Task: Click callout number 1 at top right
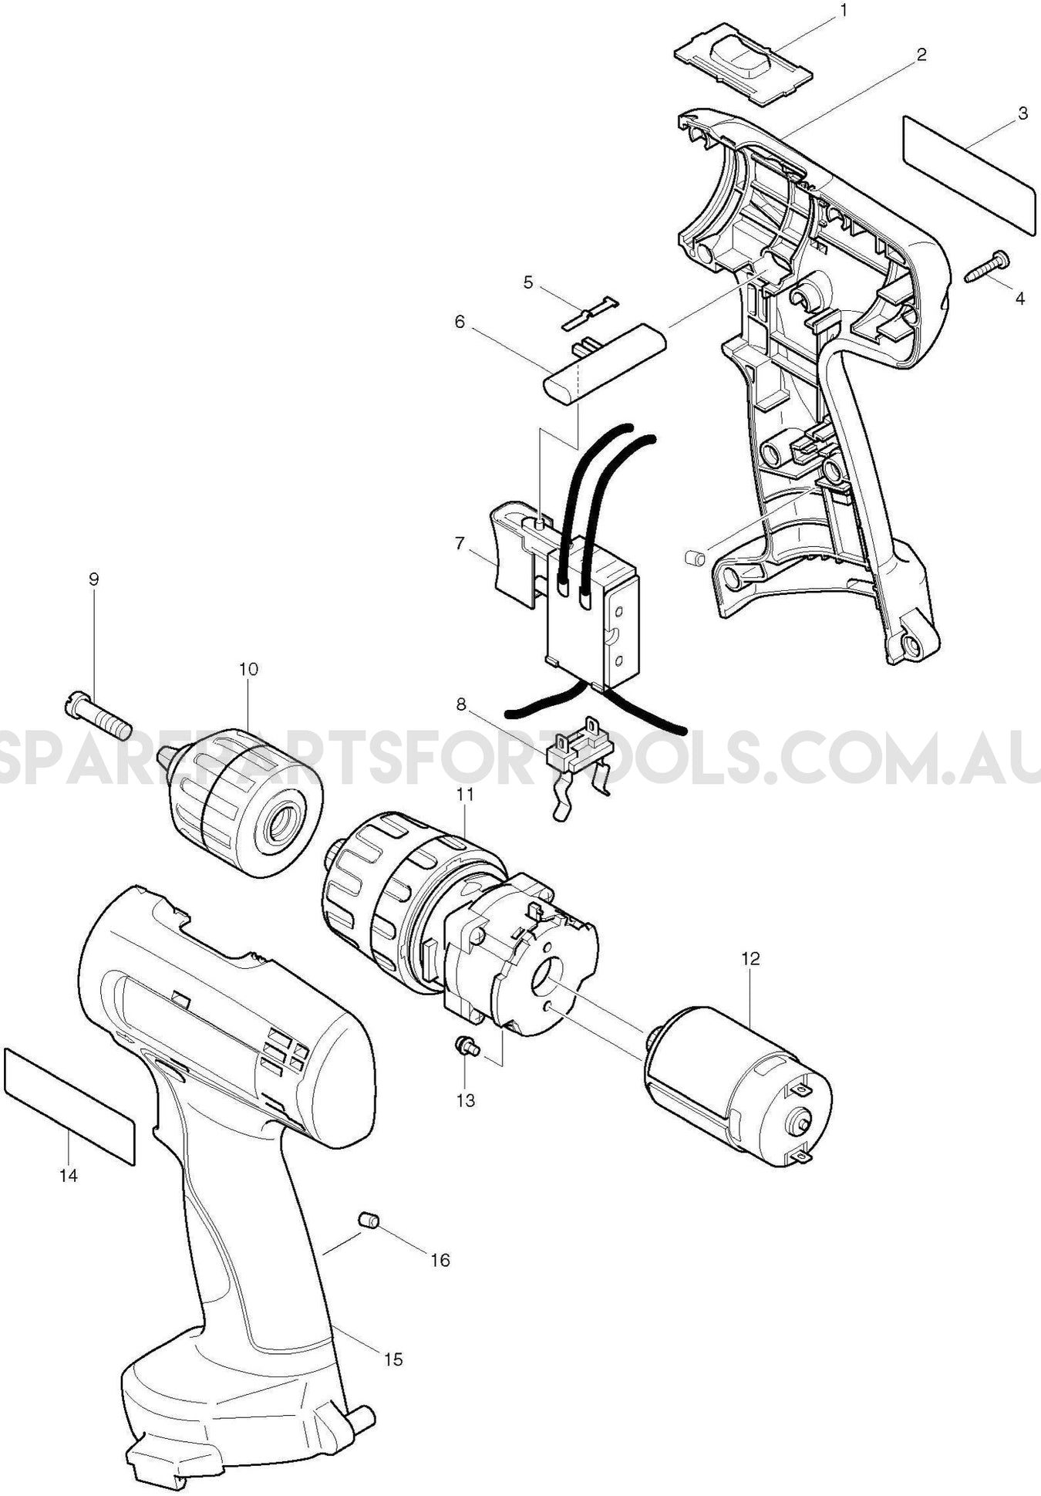coord(843,10)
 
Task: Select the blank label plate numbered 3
coord(967,174)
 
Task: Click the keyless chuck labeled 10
coord(241,802)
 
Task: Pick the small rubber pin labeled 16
coord(369,1220)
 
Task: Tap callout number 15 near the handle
coord(393,1359)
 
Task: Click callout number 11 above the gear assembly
coord(465,794)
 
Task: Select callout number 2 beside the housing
coord(921,55)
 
